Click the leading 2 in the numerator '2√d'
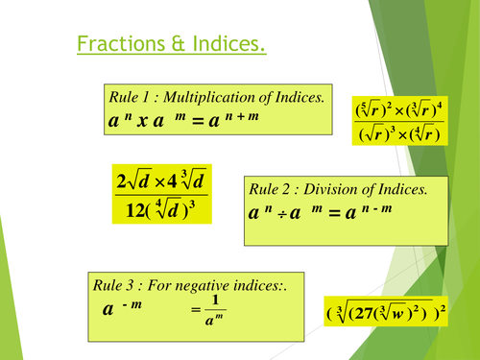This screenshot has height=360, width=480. tap(120, 180)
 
